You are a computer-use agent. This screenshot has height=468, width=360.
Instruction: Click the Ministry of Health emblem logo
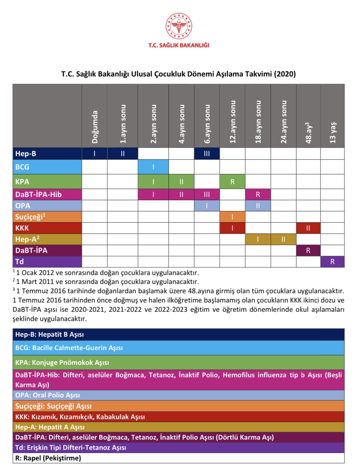pos(179,26)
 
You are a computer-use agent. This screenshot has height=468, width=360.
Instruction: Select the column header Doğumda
pos(94,127)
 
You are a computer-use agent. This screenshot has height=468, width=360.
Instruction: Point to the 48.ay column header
pos(308,132)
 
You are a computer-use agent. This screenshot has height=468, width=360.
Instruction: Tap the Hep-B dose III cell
pos(207,153)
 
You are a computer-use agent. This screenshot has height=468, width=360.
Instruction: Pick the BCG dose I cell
pos(153,167)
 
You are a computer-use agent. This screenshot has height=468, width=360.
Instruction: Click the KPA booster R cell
pos(232,182)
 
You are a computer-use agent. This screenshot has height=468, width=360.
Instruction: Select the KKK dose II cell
pos(308,228)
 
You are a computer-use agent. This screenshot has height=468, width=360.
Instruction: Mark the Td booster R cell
pos(332,261)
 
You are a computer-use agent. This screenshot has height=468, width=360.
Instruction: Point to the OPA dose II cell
pos(258,206)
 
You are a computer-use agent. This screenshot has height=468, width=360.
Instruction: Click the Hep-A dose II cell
pos(283,239)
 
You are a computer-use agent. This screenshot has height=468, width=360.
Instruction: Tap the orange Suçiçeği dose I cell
pos(232,217)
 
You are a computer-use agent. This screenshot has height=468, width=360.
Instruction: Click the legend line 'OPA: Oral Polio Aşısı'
pos(48,395)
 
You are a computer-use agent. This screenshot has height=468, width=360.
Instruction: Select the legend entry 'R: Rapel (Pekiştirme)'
pos(48,458)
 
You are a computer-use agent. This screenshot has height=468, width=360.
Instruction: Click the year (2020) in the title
pos(284,74)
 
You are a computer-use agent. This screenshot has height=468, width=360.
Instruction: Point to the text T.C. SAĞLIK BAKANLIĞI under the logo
pos(179,45)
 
